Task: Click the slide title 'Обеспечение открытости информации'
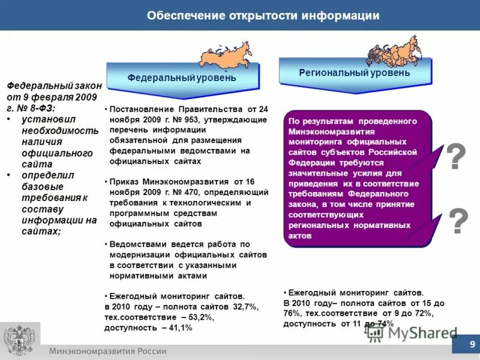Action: pyautogui.click(x=263, y=15)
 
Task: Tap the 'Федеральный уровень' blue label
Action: pyautogui.click(x=181, y=78)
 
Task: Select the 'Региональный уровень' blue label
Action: pyautogui.click(x=355, y=73)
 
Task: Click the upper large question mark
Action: pyautogui.click(x=456, y=157)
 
